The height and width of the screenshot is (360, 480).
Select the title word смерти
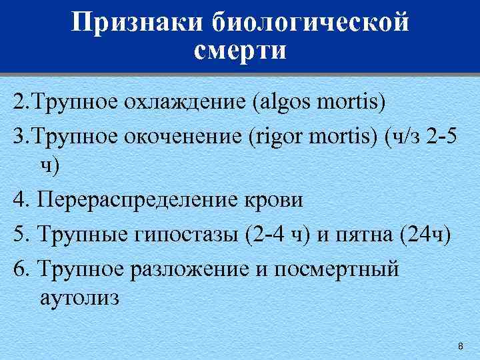click(241, 51)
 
